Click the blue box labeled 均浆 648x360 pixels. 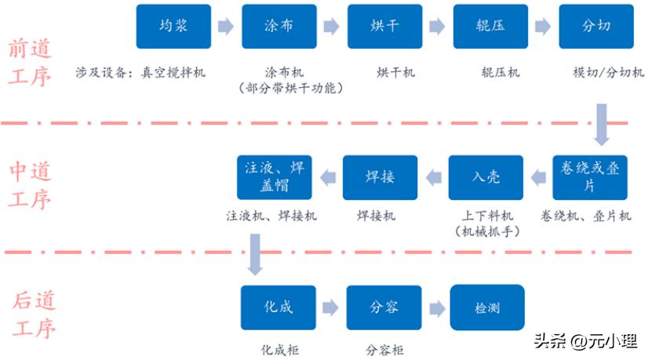(x=173, y=26)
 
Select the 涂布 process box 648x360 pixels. (x=279, y=26)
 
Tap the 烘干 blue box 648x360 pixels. (x=384, y=26)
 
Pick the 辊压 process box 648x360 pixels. (x=490, y=26)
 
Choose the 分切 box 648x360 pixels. (x=596, y=26)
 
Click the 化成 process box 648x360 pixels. (x=278, y=307)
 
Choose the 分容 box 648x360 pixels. (x=384, y=307)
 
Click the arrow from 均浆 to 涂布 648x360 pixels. (x=226, y=27)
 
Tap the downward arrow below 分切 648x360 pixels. (x=602, y=125)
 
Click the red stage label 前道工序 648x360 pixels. (x=31, y=64)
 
